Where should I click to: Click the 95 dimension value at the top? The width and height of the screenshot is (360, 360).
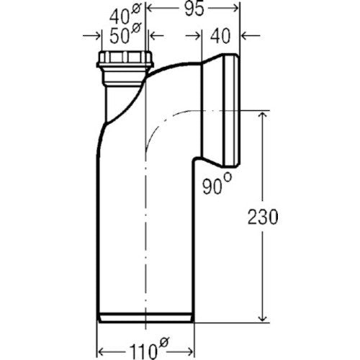point(194,9)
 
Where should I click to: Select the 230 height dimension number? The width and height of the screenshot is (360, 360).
point(263,217)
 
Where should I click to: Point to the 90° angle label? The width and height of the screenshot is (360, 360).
point(217,184)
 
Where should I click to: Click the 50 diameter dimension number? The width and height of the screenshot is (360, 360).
point(120,37)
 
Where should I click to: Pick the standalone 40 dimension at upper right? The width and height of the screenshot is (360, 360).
point(220,36)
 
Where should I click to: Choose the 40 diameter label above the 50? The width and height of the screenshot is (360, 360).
point(120,17)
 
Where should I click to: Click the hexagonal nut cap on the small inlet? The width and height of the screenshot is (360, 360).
point(125,59)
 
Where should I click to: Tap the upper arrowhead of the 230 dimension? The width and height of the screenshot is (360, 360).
point(262,114)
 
